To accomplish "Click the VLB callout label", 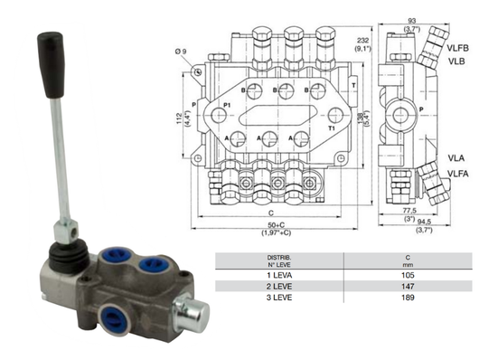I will (x=456, y=61).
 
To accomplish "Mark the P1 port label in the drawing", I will (x=227, y=107).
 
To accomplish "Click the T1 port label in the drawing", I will (x=332, y=129).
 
